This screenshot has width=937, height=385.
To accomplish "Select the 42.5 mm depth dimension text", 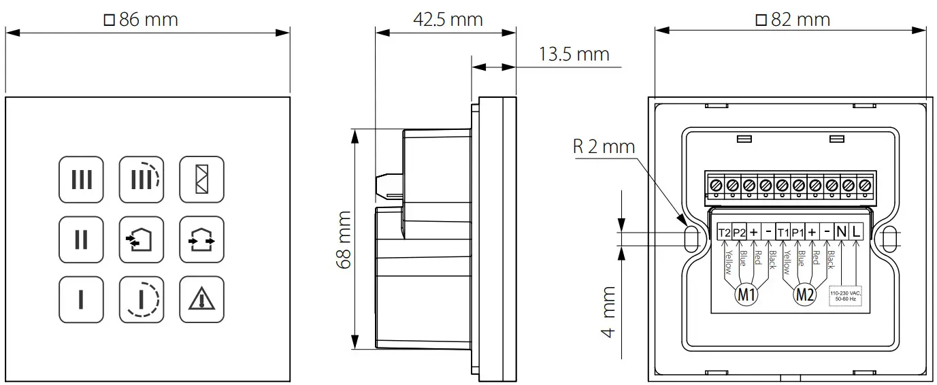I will tap(448, 19).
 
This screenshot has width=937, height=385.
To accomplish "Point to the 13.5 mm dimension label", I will tap(574, 54).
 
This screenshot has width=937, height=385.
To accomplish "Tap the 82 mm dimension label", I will tap(793, 20).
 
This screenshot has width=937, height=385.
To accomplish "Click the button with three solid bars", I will tap(81, 180).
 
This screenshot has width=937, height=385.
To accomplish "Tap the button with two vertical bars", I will tap(81, 239).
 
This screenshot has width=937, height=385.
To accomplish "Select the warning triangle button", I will tap(201, 299).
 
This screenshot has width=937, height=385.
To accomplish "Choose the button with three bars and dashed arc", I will tap(142, 180).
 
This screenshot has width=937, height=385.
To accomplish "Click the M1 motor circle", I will tap(746, 295).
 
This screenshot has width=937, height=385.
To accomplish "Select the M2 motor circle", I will tap(805, 295).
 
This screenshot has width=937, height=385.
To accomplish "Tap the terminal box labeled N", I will tap(841, 232).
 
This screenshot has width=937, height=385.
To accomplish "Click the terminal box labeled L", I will tap(856, 232).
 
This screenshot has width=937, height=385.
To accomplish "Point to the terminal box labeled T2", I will tap(724, 232).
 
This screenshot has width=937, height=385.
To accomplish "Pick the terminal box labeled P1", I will tap(798, 232).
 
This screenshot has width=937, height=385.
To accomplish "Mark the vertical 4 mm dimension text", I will tap(608, 312).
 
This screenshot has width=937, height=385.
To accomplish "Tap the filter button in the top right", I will tap(201, 180).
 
